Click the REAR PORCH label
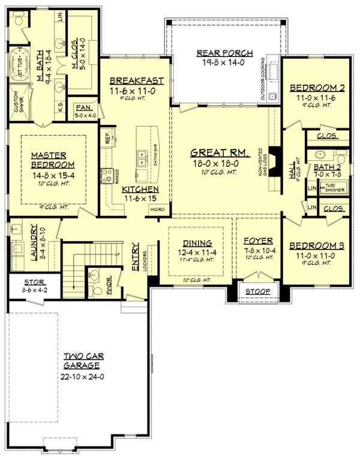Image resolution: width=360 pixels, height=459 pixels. (226, 53)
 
